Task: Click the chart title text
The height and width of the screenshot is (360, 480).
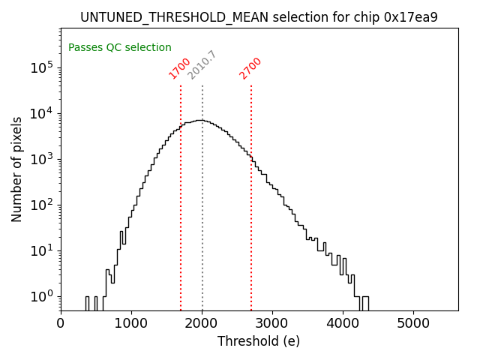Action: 259,17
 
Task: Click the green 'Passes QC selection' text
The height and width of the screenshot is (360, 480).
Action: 120,47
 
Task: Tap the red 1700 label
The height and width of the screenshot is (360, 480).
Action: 179,68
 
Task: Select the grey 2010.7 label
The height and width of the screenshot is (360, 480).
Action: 202,65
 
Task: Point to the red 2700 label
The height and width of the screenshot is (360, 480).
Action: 250,68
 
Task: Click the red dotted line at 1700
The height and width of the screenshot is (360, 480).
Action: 181,225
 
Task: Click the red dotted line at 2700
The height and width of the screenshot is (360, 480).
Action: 251,225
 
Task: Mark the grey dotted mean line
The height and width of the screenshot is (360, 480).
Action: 202,225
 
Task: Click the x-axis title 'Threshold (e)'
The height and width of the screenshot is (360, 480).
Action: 259,341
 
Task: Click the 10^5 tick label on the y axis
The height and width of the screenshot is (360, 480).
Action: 41,67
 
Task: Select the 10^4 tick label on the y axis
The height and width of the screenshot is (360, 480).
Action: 41,113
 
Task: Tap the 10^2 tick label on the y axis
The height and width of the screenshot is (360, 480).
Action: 41,205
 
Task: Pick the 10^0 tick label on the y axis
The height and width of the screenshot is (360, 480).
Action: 41,296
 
